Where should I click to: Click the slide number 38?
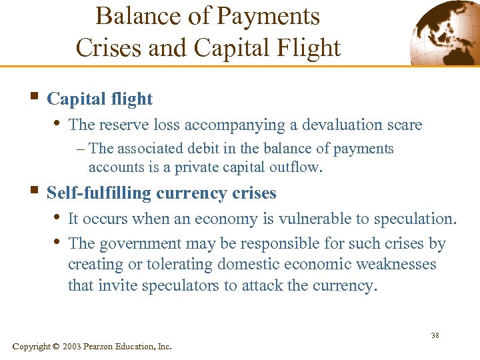point(435,335)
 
